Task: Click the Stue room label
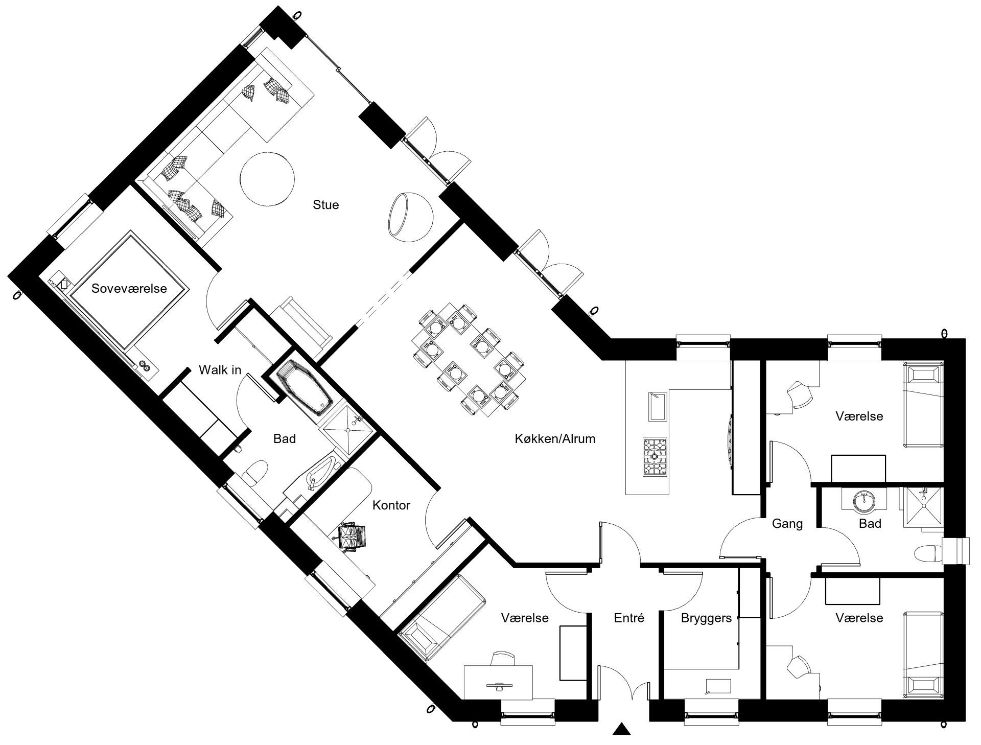[325, 205]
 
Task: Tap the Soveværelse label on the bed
[129, 289]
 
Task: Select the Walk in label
[220, 369]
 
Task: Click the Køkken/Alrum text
[555, 438]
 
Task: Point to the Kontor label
[391, 505]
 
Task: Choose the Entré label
[629, 618]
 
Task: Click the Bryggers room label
[706, 618]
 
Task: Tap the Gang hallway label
[787, 524]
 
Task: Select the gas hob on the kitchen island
[655, 456]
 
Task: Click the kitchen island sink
[658, 406]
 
